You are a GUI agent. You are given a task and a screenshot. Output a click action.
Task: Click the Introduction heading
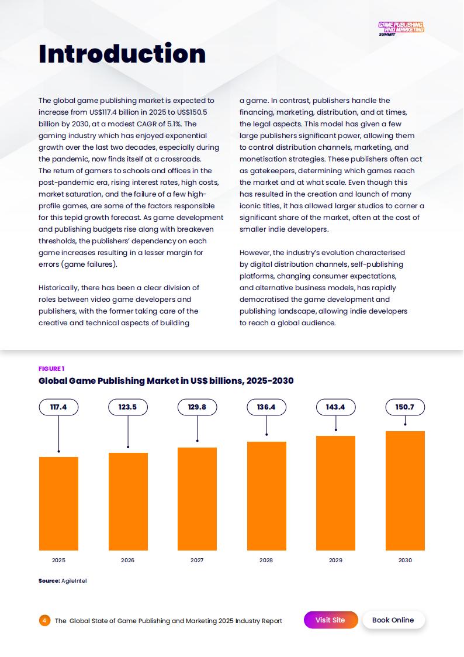[122, 53]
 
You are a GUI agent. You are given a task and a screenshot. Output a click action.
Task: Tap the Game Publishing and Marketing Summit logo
[401, 28]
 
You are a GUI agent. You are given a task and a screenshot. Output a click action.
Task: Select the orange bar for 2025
[58, 503]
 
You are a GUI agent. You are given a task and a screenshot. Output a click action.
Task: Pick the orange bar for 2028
[266, 496]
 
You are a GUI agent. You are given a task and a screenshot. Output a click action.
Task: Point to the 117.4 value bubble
[58, 407]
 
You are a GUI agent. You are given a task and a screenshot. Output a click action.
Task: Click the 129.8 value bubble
[197, 407]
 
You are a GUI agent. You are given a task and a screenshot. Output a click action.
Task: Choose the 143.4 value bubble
[335, 407]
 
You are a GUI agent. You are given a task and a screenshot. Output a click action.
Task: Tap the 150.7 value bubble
[405, 407]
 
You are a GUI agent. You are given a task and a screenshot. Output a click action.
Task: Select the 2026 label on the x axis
[127, 560]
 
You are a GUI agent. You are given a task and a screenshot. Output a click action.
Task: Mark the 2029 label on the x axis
[335, 560]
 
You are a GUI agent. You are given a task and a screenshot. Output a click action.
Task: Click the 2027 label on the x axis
[197, 560]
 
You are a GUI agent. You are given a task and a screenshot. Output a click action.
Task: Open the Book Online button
[393, 620]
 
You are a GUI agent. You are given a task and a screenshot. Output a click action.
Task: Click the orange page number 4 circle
[45, 621]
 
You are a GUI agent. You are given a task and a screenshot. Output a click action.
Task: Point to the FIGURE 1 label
[51, 369]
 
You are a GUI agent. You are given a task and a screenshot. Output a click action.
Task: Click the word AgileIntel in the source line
[74, 581]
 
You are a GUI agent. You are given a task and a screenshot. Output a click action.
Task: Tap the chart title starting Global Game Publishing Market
[166, 381]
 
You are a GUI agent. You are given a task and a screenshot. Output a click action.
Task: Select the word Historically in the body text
[60, 288]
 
